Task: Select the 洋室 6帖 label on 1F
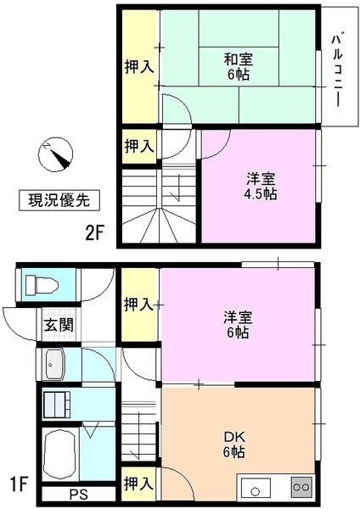coord(237,325)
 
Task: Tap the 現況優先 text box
coord(59,201)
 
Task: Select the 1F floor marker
coord(19,487)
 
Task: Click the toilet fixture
coord(40,282)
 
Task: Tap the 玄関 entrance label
coord(59,324)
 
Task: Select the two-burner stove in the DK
coord(301,488)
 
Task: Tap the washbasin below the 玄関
coord(57,366)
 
